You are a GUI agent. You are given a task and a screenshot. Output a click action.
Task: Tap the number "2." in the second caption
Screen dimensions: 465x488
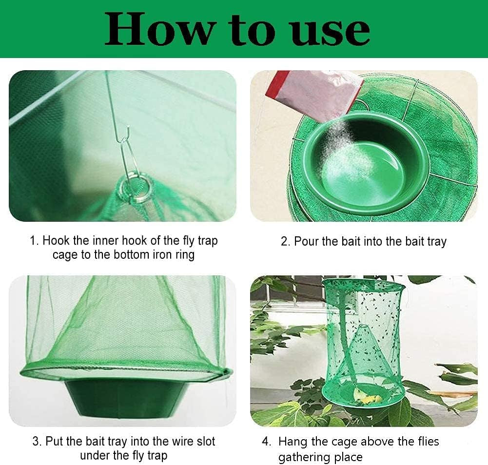[285, 241]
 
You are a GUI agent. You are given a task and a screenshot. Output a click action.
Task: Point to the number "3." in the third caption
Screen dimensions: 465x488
[37, 442]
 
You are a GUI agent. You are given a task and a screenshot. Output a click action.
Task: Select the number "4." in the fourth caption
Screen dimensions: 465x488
[267, 442]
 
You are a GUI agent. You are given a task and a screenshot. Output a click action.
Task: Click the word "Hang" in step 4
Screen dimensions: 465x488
[293, 442]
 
